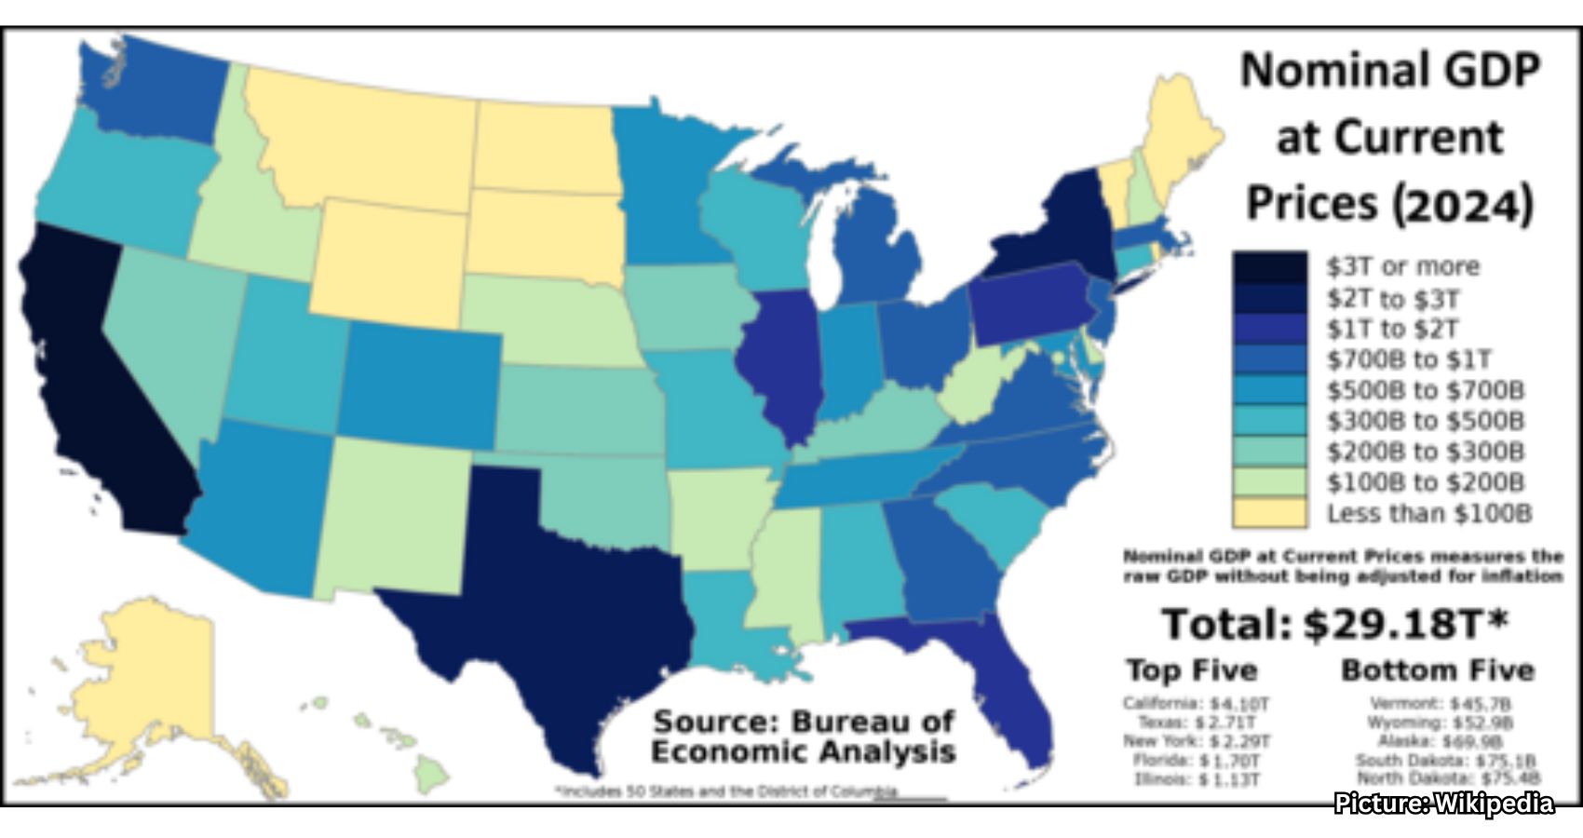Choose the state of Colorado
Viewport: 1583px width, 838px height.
tap(419, 382)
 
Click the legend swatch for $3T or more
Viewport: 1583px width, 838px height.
tap(1270, 267)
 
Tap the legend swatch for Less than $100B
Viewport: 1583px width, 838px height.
tap(1270, 513)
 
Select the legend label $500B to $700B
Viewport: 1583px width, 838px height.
tap(1426, 390)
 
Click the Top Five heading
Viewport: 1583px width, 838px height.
tap(1192, 670)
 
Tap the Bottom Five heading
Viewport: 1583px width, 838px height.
tap(1437, 670)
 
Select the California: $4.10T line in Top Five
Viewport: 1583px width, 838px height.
tap(1196, 703)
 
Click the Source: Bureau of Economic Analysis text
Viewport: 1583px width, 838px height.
tap(803, 736)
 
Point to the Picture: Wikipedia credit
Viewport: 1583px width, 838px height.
tap(1444, 804)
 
